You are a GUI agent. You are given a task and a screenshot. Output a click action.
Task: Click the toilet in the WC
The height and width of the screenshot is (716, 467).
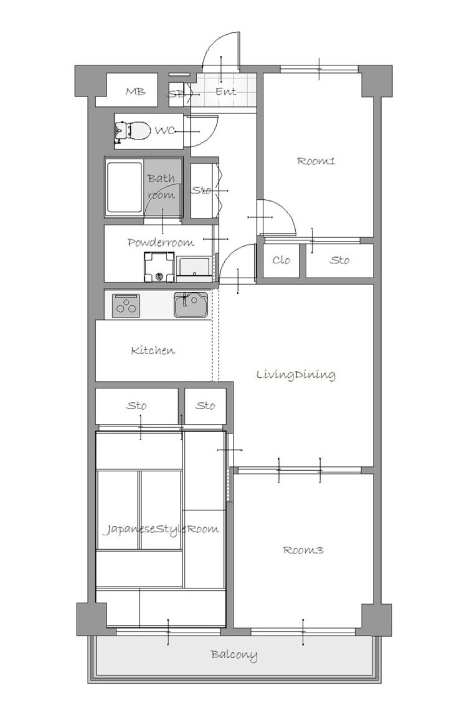[x=133, y=131]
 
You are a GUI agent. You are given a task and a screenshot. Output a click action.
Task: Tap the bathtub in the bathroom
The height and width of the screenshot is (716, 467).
[x=124, y=188]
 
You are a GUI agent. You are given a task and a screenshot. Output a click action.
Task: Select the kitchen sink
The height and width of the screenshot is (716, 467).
[x=191, y=304]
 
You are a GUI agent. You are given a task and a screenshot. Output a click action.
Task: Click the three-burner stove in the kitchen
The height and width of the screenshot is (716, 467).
[x=126, y=306]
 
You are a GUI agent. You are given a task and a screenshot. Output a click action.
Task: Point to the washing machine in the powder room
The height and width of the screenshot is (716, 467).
[x=159, y=267]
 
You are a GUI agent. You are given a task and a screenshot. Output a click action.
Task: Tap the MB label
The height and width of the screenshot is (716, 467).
[x=136, y=92]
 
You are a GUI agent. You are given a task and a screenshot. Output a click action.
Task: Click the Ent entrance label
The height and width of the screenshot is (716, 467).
[x=226, y=92]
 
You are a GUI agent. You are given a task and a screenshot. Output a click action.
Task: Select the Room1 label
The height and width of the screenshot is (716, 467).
[x=316, y=161]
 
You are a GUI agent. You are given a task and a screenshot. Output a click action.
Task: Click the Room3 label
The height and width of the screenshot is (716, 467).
[x=303, y=550]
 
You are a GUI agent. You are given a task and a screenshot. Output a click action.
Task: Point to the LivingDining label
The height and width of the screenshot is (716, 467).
[x=296, y=375]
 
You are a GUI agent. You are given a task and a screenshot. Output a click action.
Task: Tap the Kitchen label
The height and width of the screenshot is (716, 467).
[x=153, y=351]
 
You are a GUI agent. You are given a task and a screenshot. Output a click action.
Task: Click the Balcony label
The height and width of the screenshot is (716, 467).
[x=234, y=655]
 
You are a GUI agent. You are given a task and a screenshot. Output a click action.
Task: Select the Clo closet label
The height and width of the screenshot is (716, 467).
[x=281, y=260]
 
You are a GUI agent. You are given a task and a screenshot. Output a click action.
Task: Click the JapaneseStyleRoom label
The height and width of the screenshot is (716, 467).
[x=160, y=530]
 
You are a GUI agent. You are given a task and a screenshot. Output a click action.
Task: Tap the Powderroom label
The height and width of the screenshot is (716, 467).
[x=161, y=242]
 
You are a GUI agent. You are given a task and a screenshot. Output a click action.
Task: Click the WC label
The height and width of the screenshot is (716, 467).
[x=165, y=131]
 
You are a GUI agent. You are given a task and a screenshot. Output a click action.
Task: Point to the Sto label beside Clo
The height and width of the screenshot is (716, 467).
[x=339, y=260]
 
